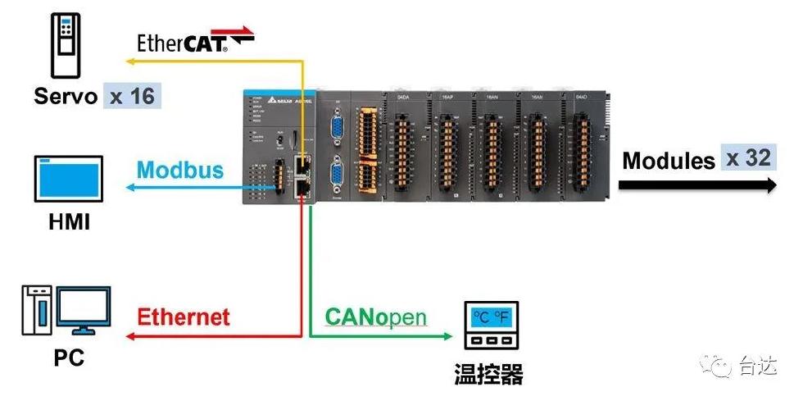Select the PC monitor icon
click(x=79, y=310)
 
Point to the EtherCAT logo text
click(x=195, y=41)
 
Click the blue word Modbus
click(x=180, y=170)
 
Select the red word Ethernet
click(x=184, y=317)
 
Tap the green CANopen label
click(x=376, y=317)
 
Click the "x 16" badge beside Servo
click(x=132, y=96)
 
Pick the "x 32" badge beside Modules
click(x=748, y=157)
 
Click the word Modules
click(x=669, y=160)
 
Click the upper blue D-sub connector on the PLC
click(x=336, y=131)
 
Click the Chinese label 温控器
click(x=488, y=375)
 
